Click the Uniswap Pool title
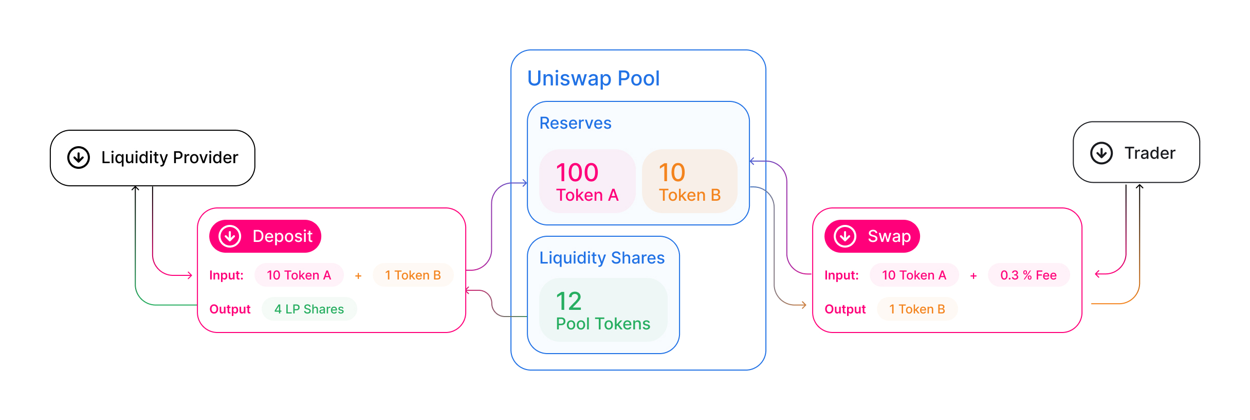(593, 78)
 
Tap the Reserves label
(575, 123)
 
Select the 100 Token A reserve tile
(587, 181)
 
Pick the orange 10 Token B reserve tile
(689, 181)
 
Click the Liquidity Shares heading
(601, 258)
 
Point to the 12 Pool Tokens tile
(603, 310)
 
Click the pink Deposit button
(265, 236)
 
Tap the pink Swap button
(872, 236)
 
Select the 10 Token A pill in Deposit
(299, 275)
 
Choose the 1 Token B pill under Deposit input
(413, 275)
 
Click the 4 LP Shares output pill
(309, 309)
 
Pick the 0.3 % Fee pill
(1028, 275)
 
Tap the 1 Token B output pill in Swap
(917, 309)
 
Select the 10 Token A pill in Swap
(914, 275)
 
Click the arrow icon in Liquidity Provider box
(79, 157)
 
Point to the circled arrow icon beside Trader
(1101, 153)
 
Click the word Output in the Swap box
(845, 309)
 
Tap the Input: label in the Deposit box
(226, 275)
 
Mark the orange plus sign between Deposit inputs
(358, 276)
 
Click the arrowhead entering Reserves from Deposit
(524, 183)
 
